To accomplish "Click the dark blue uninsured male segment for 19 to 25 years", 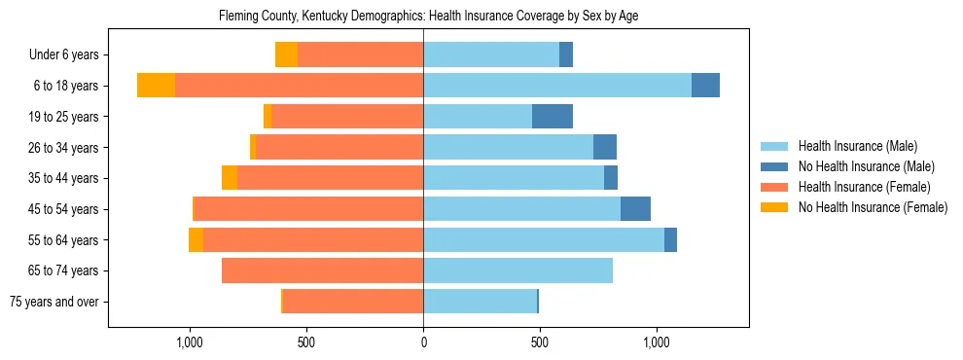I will (553, 117).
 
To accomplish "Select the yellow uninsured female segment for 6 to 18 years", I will (156, 86).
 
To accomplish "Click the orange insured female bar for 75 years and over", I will (353, 302).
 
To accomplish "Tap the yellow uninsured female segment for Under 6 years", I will (286, 54).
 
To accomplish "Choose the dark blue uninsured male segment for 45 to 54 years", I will (635, 209).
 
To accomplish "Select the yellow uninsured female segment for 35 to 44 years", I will (230, 178).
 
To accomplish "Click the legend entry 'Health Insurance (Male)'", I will (857, 147).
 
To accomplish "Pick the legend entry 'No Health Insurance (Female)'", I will (872, 207).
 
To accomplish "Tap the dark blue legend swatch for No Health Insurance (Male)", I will (774, 167).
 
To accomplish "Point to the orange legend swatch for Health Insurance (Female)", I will (774, 187).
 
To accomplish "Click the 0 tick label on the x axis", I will (423, 342).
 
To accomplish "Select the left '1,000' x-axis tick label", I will (189, 342).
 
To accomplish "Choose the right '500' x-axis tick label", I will (540, 342).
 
